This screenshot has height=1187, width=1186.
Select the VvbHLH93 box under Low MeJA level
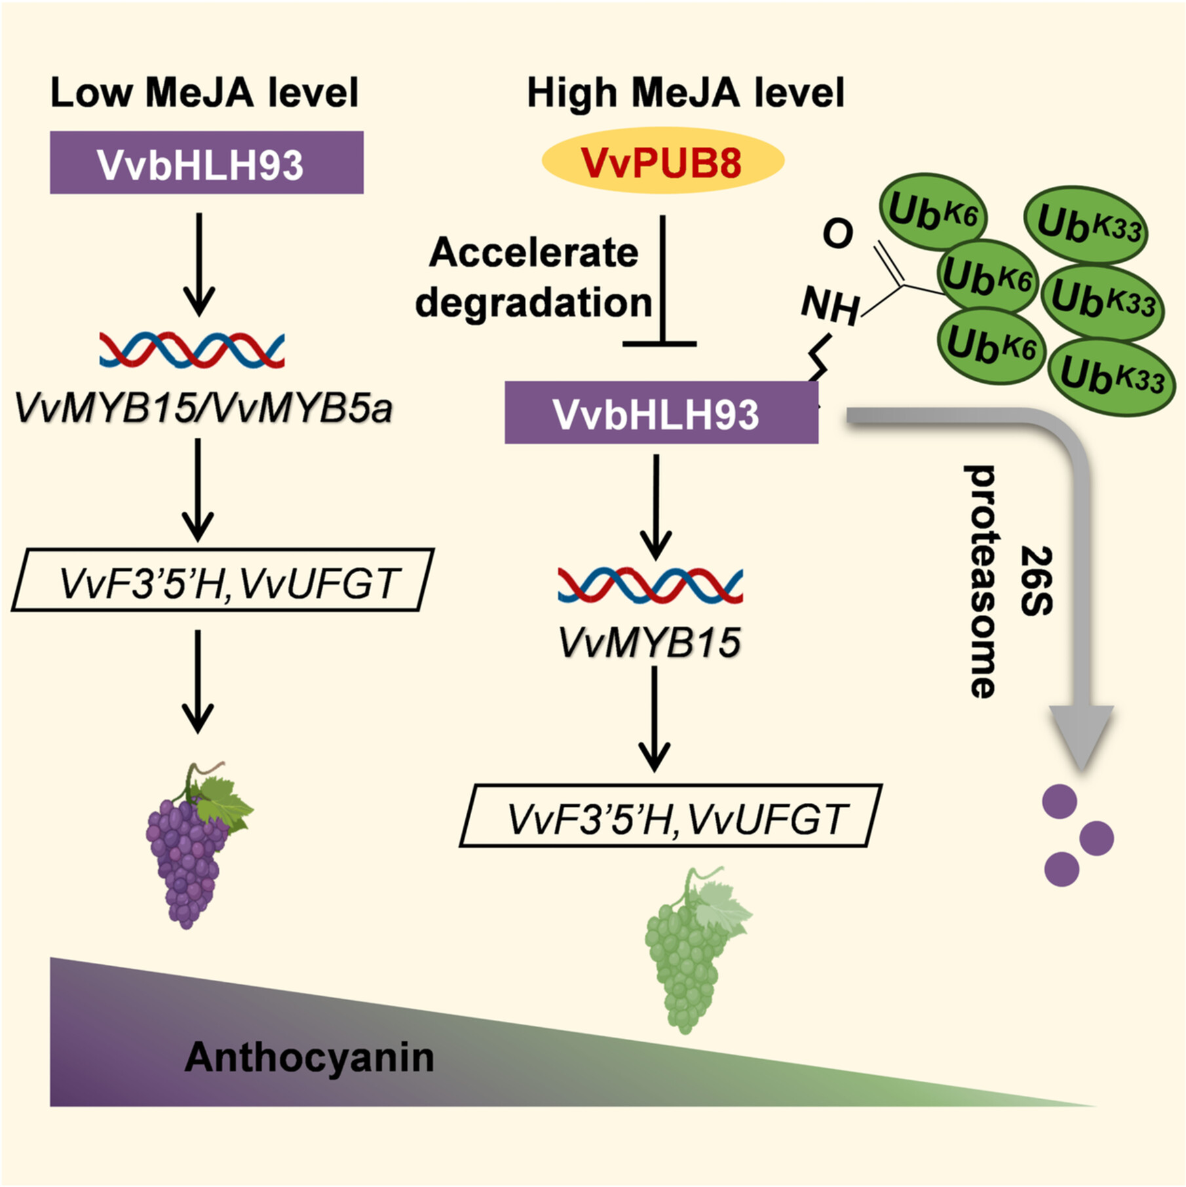[206, 163]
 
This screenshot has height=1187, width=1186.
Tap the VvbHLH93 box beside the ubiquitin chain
[661, 414]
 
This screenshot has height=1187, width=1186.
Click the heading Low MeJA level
[204, 92]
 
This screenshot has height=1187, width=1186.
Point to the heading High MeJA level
[685, 92]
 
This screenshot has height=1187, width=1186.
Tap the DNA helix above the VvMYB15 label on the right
[650, 585]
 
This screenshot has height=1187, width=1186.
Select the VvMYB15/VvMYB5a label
[203, 408]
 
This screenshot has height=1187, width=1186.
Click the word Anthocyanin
[309, 1057]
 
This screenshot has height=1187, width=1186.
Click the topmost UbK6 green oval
[932, 212]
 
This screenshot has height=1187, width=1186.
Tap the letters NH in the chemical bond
[830, 305]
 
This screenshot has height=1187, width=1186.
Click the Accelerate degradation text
[533, 277]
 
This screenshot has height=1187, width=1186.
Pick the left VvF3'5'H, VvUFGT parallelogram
[223, 581]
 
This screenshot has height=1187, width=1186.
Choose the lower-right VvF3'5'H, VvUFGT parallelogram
[671, 817]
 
